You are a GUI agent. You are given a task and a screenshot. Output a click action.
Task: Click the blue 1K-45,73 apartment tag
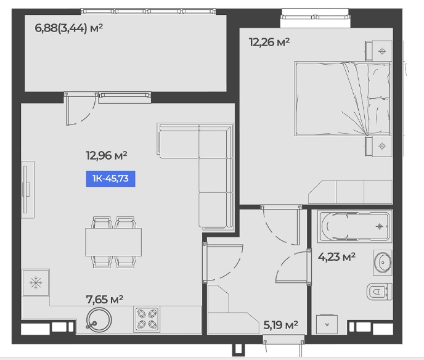(110, 179)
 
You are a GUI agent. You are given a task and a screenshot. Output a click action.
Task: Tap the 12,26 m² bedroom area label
(269, 42)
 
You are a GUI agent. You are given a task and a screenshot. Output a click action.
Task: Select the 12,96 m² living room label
(107, 155)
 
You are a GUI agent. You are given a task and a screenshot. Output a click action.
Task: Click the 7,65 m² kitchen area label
(105, 299)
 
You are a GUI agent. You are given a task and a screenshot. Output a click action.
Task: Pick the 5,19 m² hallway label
(280, 325)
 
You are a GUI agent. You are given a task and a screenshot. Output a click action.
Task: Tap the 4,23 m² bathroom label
(336, 256)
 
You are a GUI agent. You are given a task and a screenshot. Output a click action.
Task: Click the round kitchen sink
(99, 320)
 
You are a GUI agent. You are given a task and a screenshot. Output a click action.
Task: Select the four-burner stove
(147, 319)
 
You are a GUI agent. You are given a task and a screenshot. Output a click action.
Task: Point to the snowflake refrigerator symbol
(36, 283)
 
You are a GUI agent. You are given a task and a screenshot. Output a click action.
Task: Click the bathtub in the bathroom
(354, 226)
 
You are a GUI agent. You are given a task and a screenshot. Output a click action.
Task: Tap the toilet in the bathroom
(380, 292)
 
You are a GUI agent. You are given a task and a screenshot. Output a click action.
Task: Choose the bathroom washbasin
(383, 263)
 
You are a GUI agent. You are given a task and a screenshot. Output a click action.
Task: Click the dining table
(113, 242)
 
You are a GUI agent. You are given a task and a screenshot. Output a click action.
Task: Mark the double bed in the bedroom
(343, 99)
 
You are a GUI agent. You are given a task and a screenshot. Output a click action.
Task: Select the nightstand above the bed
(379, 51)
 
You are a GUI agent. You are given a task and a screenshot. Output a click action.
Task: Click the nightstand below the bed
(379, 146)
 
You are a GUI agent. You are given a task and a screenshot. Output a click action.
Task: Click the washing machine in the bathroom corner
(327, 324)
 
